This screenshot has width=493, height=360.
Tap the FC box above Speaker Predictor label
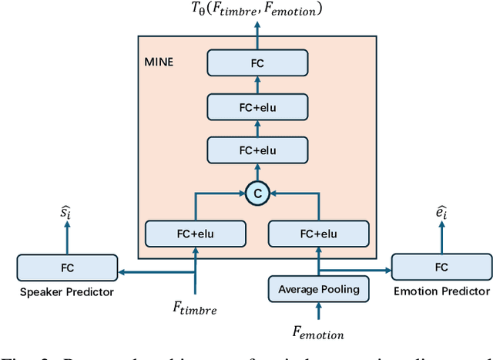(67, 268)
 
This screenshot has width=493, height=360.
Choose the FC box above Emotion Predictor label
(441, 267)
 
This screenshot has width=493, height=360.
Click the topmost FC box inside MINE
(257, 62)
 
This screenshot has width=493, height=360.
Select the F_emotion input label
(317, 334)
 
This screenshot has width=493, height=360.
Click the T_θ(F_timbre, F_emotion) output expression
(257, 11)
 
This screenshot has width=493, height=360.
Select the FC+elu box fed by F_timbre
(196, 232)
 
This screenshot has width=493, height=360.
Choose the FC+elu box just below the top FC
(257, 106)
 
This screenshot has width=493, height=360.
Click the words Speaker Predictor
(67, 291)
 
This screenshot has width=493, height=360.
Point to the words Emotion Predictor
(441, 291)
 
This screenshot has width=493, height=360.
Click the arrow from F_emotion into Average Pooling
(317, 311)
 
